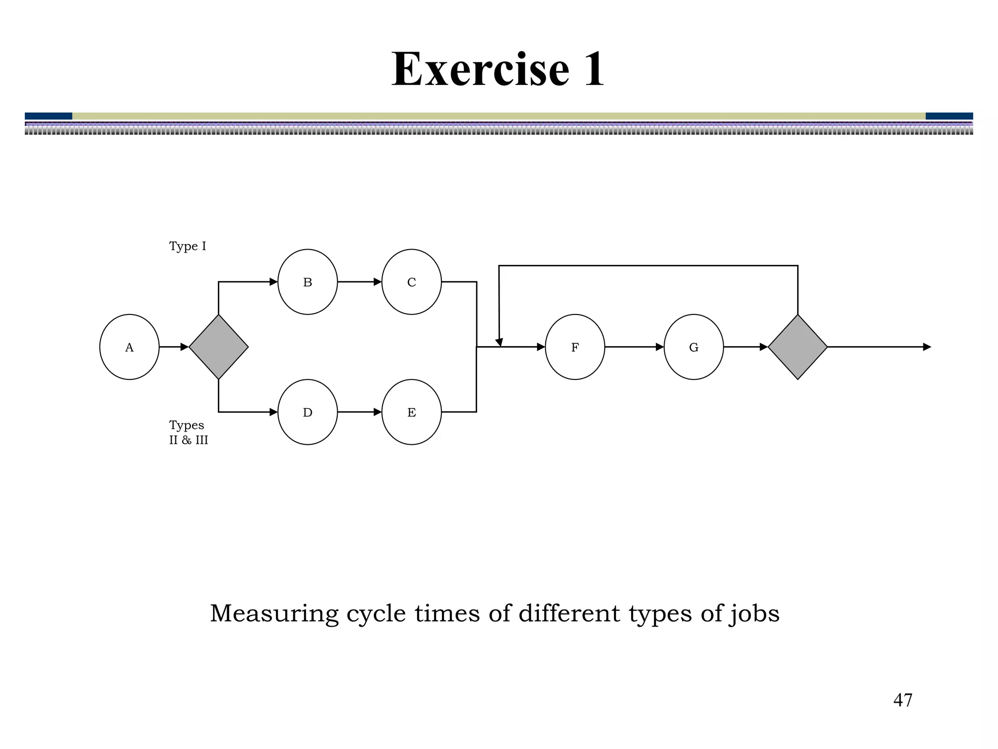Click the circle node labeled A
click(x=129, y=347)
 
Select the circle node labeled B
click(x=307, y=282)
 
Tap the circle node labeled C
click(x=411, y=282)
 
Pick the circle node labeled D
click(x=307, y=412)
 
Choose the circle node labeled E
click(x=411, y=412)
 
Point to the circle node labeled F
click(x=575, y=347)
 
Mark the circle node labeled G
click(x=693, y=347)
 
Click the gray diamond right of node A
click(x=218, y=347)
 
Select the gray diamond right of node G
click(x=798, y=347)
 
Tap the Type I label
click(x=188, y=246)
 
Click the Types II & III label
click(x=188, y=433)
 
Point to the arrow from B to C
click(x=360, y=282)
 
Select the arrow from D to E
click(x=360, y=412)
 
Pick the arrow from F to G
click(x=634, y=347)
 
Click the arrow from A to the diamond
click(x=174, y=347)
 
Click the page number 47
click(x=902, y=700)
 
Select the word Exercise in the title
click(x=480, y=69)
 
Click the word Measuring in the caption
click(x=274, y=613)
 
